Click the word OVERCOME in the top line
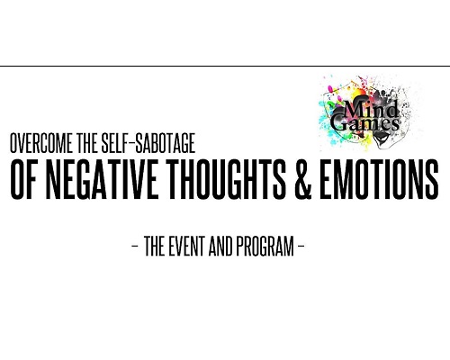(41, 143)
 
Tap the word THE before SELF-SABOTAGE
(87, 143)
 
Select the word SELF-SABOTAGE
(148, 143)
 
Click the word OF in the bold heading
(23, 179)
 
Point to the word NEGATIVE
(102, 179)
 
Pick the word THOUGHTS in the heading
(228, 179)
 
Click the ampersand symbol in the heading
(303, 179)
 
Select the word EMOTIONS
(380, 179)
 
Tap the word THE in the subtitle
(155, 246)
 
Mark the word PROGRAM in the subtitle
(265, 246)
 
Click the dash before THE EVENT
(135, 246)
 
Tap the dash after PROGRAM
(301, 246)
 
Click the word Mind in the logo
(371, 109)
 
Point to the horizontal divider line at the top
(225, 66)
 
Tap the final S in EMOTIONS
(432, 179)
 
